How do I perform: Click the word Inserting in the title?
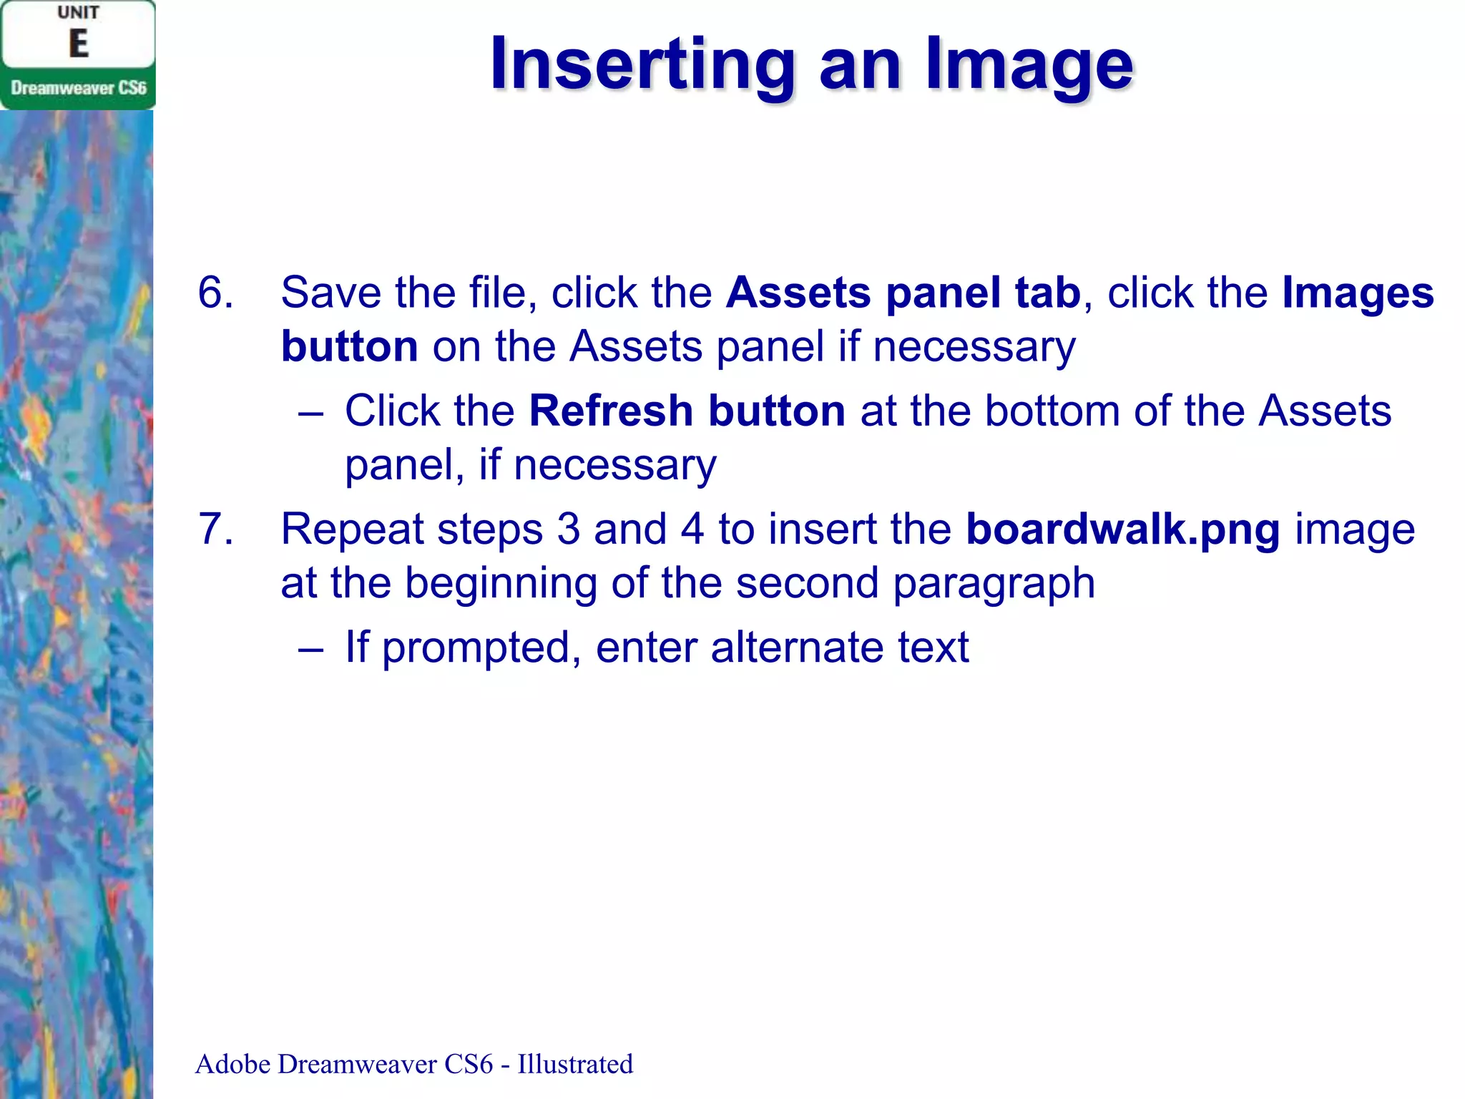tap(642, 66)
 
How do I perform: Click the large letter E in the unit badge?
tap(79, 44)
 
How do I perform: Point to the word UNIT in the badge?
tap(79, 13)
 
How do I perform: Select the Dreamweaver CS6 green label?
tap(79, 88)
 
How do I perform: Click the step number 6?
tap(215, 293)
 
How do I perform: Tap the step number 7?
tap(215, 529)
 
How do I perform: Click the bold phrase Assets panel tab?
tap(903, 293)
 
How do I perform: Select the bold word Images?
tap(1358, 293)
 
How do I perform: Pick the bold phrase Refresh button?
tap(687, 411)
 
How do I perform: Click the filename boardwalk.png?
tap(1123, 529)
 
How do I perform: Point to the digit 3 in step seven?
tap(568, 529)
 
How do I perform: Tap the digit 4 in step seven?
tap(692, 529)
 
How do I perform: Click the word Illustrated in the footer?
tap(575, 1064)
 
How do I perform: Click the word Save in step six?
tap(330, 293)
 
